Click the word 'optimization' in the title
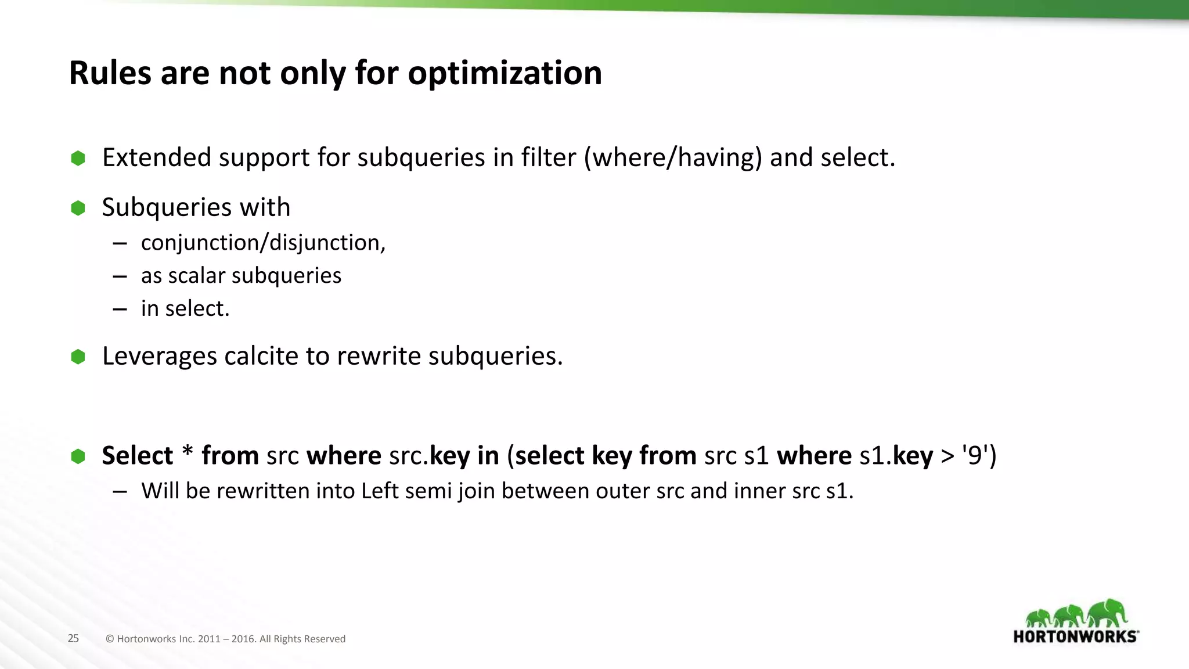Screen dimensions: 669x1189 pos(505,73)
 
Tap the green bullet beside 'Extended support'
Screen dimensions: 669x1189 pos(78,158)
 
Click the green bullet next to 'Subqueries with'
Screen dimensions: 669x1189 pos(78,208)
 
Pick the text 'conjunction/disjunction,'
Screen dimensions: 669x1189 pos(263,243)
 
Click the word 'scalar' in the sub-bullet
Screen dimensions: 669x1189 pos(196,275)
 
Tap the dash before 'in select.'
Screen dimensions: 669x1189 pos(120,309)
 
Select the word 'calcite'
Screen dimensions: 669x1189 pos(261,356)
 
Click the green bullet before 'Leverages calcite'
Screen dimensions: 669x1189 pos(78,357)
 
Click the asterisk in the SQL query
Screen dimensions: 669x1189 pos(187,452)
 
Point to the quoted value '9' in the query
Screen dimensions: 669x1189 pos(975,455)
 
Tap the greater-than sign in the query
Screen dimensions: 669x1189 pos(947,456)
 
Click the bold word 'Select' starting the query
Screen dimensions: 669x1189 pos(138,455)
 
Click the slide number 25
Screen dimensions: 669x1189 pos(73,638)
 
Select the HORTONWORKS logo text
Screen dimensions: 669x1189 pos(1075,636)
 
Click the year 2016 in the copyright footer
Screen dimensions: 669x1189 pos(243,639)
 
